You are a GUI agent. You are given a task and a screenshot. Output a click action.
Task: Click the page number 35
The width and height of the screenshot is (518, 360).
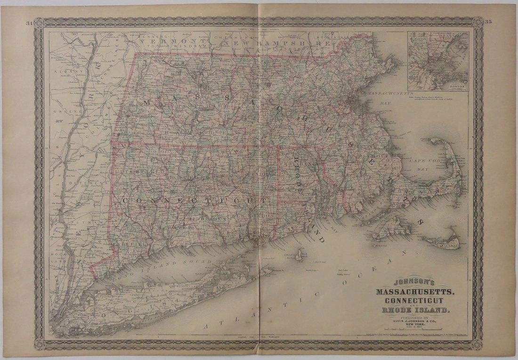(488, 23)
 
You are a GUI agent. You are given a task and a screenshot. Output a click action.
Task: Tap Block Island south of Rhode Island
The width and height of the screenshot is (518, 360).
(299, 254)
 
